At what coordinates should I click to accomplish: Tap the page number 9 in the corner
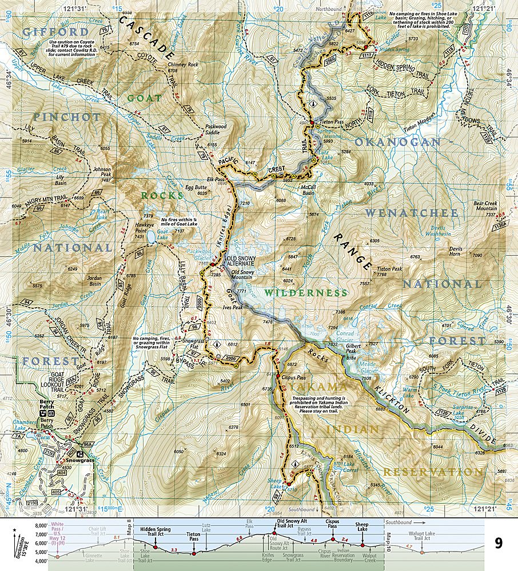pyautogui.click(x=499, y=543)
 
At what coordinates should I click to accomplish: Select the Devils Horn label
pyautogui.click(x=455, y=249)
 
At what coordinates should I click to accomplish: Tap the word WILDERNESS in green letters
pyautogui.click(x=305, y=292)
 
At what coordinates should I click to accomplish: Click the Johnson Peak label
pyautogui.click(x=102, y=172)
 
